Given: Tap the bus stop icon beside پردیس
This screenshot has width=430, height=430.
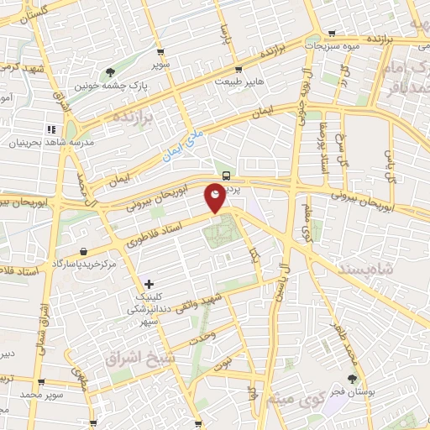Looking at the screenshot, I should coord(227,176).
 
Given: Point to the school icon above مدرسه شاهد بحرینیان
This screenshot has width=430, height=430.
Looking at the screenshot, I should coord(51,130).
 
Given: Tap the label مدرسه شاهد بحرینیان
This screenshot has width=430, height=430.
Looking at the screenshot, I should coord(45,143).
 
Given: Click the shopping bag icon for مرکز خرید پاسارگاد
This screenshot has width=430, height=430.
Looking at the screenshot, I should coord(84,251).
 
